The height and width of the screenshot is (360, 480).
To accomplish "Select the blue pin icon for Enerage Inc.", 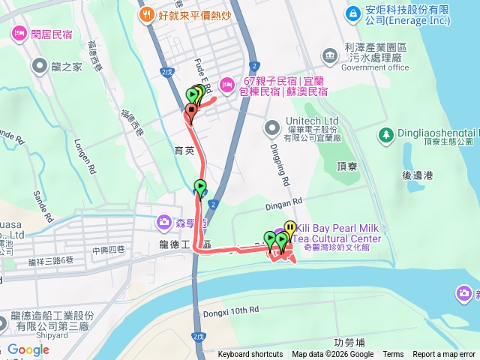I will pyautogui.click(x=352, y=13).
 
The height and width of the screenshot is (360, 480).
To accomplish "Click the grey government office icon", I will pyautogui.click(x=329, y=55).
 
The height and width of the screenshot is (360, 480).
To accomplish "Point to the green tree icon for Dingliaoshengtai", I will pyautogui.click(x=386, y=135).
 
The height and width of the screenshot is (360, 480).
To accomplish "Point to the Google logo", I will pyautogui.click(x=28, y=349).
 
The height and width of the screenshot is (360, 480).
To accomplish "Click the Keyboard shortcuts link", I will pyautogui.click(x=250, y=355).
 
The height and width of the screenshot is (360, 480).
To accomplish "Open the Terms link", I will pyautogui.click(x=393, y=355).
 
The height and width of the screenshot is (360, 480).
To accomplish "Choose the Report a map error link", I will pyautogui.click(x=444, y=355).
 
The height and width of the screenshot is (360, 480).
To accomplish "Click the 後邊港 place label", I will pyautogui.click(x=418, y=175).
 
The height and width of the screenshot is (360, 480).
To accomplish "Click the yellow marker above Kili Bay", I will pyautogui.click(x=289, y=227).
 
